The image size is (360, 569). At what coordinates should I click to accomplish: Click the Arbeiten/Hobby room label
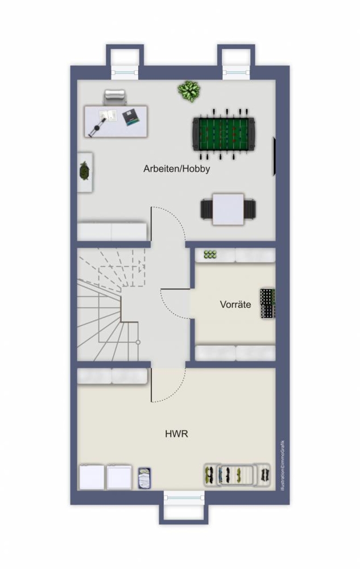(176, 169)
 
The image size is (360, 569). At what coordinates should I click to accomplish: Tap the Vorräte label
(235, 304)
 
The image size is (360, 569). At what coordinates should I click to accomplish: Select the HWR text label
(176, 434)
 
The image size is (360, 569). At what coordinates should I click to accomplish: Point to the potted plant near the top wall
(189, 90)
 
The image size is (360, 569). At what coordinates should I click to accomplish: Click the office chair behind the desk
(115, 97)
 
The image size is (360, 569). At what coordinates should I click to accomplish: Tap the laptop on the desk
(130, 117)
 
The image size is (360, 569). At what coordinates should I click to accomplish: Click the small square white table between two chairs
(228, 209)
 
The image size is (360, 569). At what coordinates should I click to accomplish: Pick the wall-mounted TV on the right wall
(275, 157)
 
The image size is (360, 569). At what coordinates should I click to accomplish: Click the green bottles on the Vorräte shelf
(210, 254)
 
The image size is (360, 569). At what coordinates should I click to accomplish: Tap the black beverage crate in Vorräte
(267, 304)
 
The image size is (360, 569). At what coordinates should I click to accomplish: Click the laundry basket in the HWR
(144, 478)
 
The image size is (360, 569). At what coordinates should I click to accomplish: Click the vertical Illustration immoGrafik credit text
(283, 465)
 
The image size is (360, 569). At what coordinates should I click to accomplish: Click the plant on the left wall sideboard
(85, 171)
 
